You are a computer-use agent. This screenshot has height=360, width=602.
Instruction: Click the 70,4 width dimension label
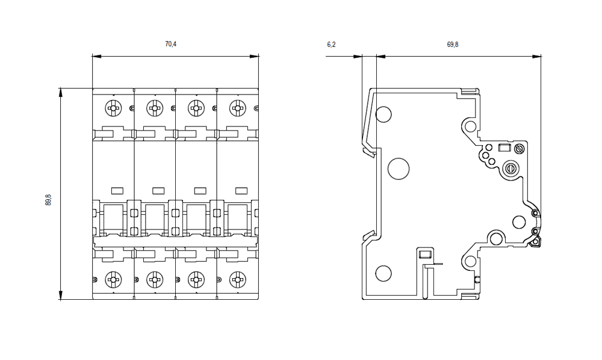[x=171, y=44]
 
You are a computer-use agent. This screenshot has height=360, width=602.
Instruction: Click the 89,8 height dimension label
[x=49, y=200]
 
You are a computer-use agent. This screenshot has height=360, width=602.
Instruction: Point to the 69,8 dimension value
[x=453, y=44]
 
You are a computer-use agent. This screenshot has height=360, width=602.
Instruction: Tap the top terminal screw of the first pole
[x=113, y=108]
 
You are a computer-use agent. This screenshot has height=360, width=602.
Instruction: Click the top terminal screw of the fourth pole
[x=238, y=108]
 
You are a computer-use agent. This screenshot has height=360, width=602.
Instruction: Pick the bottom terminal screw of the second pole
[x=154, y=279]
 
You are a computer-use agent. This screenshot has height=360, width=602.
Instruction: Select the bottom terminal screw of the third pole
[x=196, y=279]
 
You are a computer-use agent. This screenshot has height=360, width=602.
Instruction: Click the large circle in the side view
[x=398, y=169]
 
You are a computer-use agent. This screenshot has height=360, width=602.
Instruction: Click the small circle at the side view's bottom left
[x=383, y=273]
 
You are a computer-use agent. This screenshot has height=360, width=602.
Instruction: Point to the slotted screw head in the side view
[x=512, y=169]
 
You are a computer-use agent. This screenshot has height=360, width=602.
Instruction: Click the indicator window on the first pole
[x=117, y=190]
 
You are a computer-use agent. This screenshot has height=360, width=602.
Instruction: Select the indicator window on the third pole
[x=200, y=190]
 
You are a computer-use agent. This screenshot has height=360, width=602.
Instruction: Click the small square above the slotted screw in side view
[x=504, y=148]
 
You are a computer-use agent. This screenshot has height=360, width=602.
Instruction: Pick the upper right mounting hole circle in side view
[x=471, y=126]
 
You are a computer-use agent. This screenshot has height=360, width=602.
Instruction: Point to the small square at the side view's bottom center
[x=424, y=254]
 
